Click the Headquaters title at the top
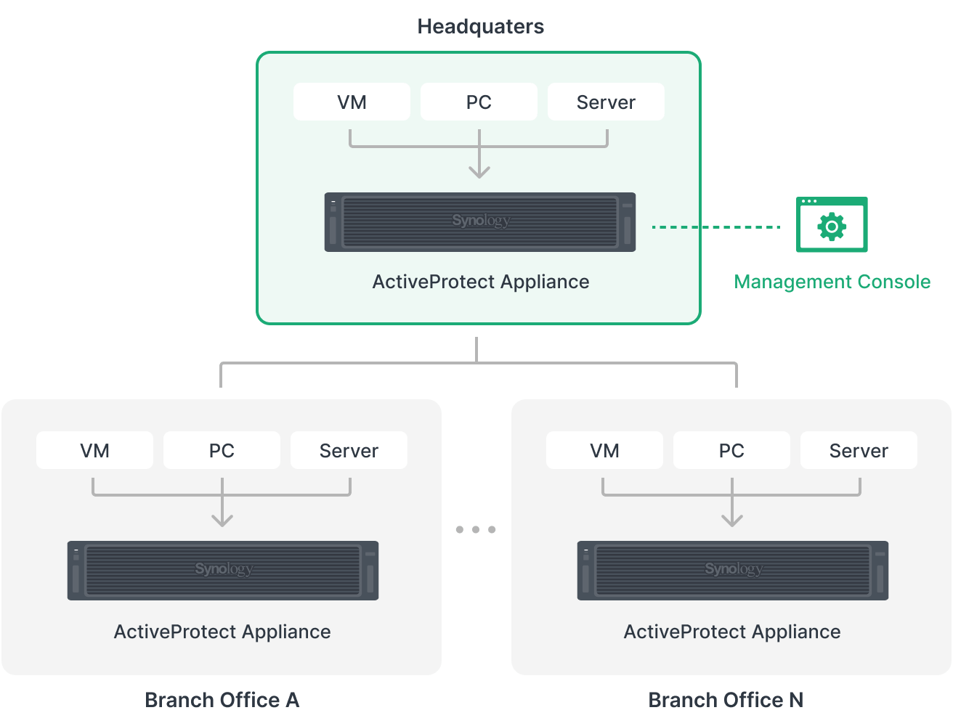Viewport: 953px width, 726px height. (480, 27)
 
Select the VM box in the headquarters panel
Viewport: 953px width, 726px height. (352, 102)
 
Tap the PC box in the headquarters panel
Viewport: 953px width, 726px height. (479, 102)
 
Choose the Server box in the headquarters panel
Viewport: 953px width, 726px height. (606, 102)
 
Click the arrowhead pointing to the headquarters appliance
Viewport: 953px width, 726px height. (479, 172)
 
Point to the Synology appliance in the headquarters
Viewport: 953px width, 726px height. (480, 222)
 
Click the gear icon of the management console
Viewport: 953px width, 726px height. (832, 227)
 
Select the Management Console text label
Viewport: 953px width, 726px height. (832, 282)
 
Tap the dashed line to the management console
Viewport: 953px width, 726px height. (741, 227)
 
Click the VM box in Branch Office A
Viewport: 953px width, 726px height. (94, 450)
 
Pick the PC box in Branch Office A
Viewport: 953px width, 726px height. (222, 450)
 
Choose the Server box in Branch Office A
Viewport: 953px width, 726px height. (349, 450)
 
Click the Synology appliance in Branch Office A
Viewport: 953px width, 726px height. (223, 571)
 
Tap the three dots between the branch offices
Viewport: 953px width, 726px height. (476, 529)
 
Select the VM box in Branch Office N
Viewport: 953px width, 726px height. (604, 450)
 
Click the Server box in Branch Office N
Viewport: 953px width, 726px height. (859, 450)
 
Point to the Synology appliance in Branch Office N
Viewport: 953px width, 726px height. (733, 571)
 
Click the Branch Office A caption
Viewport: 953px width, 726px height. (222, 700)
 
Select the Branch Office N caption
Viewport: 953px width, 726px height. (726, 700)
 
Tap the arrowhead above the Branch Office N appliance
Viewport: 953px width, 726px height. (732, 520)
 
